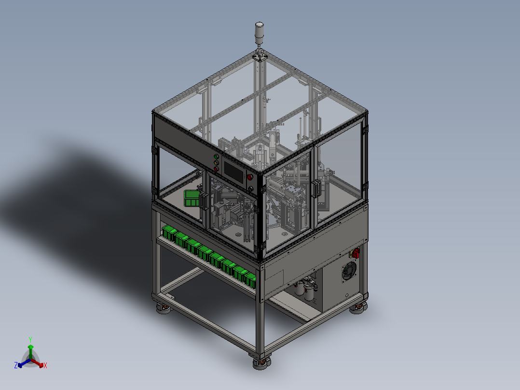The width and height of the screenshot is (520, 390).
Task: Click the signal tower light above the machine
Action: pos(259,33)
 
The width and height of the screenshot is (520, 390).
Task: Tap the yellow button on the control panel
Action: pos(216,163)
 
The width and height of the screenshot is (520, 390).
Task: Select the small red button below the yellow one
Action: pos(216,168)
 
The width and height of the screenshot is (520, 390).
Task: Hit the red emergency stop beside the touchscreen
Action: pos(250,177)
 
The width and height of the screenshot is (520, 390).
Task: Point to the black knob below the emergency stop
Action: pos(251,189)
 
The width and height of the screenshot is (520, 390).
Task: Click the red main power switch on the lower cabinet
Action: pos(356,253)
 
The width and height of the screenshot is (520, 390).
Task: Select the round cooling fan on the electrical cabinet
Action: pos(349,271)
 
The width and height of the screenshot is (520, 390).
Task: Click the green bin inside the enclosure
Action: pos(192,198)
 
